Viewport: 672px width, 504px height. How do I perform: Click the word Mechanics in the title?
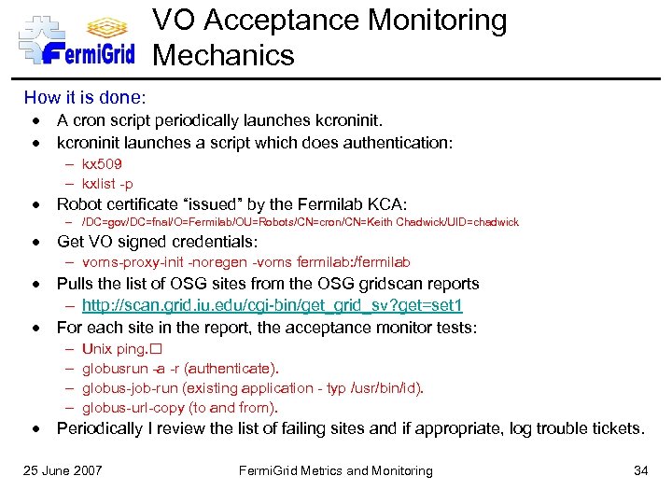pos(224,56)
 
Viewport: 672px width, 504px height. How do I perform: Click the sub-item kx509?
pos(103,164)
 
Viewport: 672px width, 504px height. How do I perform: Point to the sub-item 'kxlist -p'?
pos(107,184)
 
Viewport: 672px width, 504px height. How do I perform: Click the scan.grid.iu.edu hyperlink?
pos(273,306)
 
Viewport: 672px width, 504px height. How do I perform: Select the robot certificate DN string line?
pos(300,222)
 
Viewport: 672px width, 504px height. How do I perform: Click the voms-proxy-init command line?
pos(246,262)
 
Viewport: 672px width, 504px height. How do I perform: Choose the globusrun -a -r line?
pos(180,369)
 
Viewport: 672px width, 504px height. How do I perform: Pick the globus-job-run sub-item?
pos(252,388)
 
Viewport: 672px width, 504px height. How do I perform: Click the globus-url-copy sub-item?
pos(179,408)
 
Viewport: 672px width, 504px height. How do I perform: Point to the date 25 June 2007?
pos(63,470)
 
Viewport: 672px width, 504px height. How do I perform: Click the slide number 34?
pos(640,470)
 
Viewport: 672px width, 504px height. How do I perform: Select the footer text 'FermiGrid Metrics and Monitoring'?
pos(336,470)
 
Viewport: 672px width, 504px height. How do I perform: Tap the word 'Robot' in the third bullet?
pos(81,204)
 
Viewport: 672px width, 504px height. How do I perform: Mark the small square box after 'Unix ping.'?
pos(155,349)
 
